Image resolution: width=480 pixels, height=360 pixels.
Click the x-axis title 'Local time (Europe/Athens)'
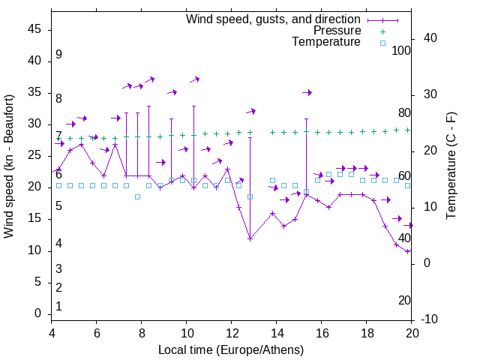coord(231,350)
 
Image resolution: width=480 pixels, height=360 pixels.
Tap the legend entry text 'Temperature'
coord(326,42)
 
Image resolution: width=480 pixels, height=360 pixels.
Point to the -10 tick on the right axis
coord(430,319)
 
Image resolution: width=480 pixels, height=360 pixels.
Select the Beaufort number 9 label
coord(58,55)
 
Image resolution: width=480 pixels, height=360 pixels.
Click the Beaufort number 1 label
coord(58,307)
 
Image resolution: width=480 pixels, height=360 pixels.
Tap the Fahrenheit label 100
coord(402,50)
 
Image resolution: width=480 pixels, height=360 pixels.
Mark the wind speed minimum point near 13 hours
coord(250,238)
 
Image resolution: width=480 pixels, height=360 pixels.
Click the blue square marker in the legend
coord(382,43)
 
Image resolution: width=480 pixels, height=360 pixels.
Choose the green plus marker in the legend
coord(382,31)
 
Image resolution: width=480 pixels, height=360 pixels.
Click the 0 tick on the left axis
coord(38,313)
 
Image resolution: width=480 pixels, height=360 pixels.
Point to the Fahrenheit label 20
coord(404,301)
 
